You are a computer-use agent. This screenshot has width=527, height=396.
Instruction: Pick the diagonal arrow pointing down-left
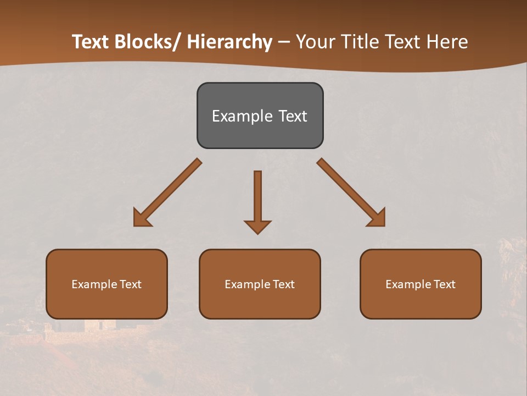click(x=168, y=193)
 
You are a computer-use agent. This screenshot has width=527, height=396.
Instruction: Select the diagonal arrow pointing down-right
click(x=351, y=193)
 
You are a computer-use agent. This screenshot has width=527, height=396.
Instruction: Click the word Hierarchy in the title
click(x=229, y=42)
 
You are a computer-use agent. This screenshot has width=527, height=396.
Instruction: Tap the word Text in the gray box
click(x=292, y=116)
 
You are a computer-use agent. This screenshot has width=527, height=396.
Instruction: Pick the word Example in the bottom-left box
click(x=94, y=284)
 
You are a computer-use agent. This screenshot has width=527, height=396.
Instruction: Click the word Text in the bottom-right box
click(x=444, y=284)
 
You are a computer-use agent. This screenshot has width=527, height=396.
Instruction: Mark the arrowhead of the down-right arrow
click(x=378, y=219)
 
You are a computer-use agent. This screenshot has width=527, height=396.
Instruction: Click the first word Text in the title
click(x=91, y=42)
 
